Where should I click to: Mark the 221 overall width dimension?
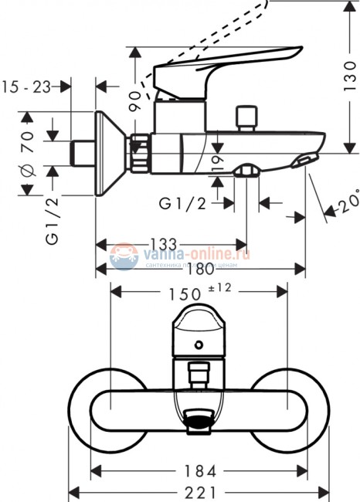199,492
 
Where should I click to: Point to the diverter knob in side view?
247,117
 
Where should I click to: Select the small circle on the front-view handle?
200,345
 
